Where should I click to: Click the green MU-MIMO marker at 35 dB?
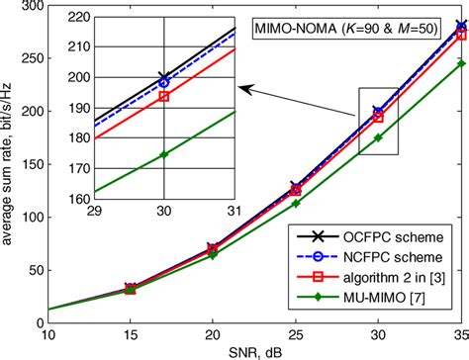[x=461, y=63]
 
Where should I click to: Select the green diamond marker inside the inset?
[x=164, y=154]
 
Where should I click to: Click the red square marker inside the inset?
[x=164, y=97]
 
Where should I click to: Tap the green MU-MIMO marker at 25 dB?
[x=295, y=204]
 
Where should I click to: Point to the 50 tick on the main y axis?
[x=30, y=270]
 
